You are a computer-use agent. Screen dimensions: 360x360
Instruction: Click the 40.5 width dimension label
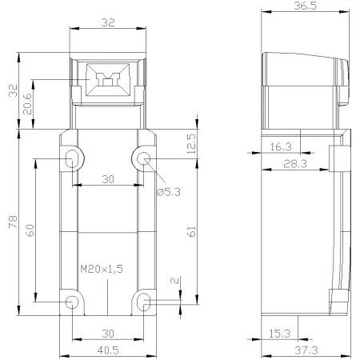pyautogui.click(x=108, y=350)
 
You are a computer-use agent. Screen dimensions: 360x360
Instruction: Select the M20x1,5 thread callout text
pyautogui.click(x=102, y=269)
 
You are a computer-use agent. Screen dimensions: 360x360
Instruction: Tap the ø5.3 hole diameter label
pyautogui.click(x=169, y=192)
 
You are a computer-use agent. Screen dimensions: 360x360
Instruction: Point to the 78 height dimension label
pyautogui.click(x=13, y=222)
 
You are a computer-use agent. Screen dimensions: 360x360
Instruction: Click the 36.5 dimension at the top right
pyautogui.click(x=306, y=6)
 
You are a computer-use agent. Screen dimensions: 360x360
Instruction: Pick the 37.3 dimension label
pyautogui.click(x=306, y=350)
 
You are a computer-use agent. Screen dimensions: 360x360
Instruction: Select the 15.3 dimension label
pyautogui.click(x=279, y=334)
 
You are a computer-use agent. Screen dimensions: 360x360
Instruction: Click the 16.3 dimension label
pyautogui.click(x=281, y=146)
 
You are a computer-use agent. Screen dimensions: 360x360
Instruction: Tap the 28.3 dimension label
pyautogui.click(x=295, y=163)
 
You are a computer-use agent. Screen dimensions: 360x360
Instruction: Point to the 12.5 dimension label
pyautogui.click(x=191, y=144)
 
